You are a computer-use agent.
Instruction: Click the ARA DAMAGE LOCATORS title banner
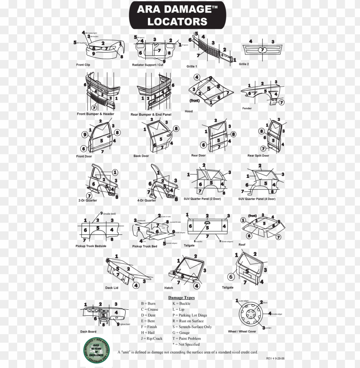pyautogui.click(x=177, y=15)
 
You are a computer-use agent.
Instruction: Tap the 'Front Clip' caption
pyautogui.click(x=83, y=65)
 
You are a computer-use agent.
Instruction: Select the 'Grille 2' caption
pyautogui.click(x=244, y=64)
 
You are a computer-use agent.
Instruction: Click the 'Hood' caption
pyautogui.click(x=189, y=111)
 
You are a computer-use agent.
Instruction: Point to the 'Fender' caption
pyautogui.click(x=247, y=108)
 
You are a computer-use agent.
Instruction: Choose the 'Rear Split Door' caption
pyautogui.click(x=258, y=156)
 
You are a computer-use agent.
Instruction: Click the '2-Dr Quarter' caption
pyautogui.click(x=87, y=200)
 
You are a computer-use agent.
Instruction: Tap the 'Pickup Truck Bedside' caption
pyautogui.click(x=91, y=246)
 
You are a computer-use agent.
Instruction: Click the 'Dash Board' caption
pyautogui.click(x=88, y=332)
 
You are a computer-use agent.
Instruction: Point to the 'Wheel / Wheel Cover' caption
pyautogui.click(x=243, y=332)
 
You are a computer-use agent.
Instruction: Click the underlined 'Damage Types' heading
pyautogui.click(x=181, y=298)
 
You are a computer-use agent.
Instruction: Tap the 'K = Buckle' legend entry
pyautogui.click(x=181, y=303)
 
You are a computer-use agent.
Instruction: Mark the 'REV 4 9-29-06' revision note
pyautogui.click(x=275, y=358)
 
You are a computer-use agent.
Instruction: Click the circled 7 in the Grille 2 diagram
pyautogui.click(x=261, y=50)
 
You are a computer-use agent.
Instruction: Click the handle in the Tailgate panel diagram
pyautogui.click(x=207, y=223)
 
